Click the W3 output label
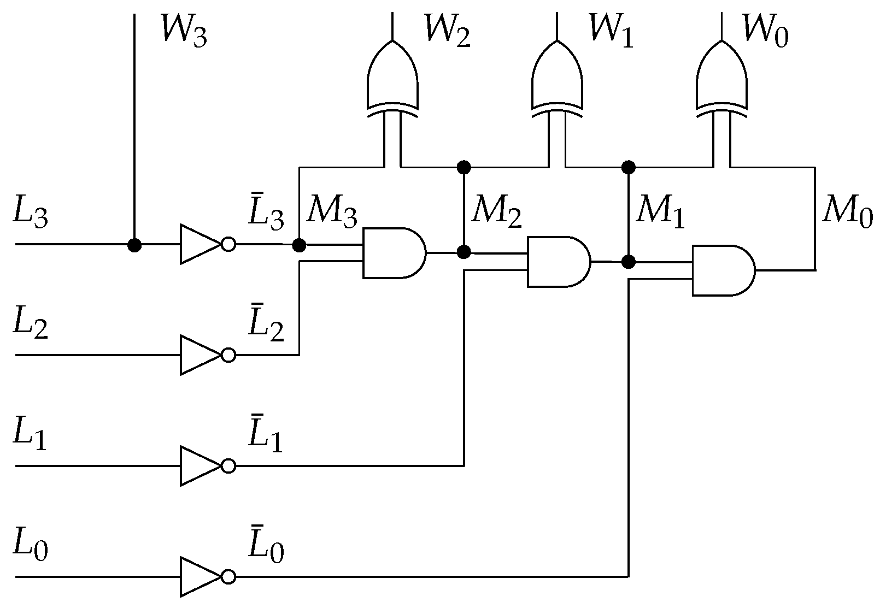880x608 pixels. [x=184, y=31]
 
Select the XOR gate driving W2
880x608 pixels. [x=392, y=76]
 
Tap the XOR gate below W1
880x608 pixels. [x=557, y=76]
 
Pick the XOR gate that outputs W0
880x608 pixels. [x=721, y=76]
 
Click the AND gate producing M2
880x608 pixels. [x=394, y=253]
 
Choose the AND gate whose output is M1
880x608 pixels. [x=558, y=262]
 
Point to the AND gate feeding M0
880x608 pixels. [x=723, y=270]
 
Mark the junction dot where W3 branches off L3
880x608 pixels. [x=134, y=245]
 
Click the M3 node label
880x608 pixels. [x=331, y=210]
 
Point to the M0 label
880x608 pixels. [x=847, y=210]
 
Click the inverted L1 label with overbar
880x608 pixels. [x=266, y=438]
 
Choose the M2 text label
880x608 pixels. [x=496, y=210]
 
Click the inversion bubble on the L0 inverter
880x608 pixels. [x=228, y=576]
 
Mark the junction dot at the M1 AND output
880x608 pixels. [x=629, y=262]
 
